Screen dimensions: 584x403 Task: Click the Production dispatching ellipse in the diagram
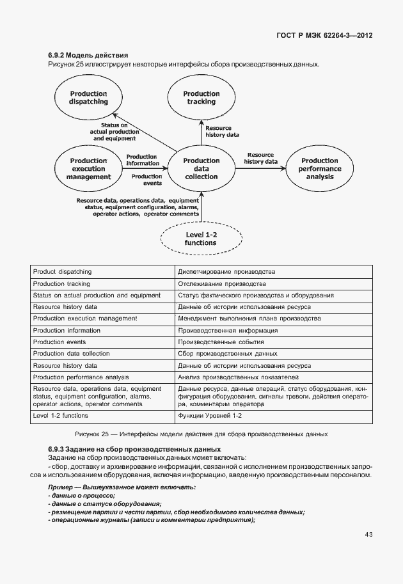tap(88, 98)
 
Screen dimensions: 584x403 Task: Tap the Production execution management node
tap(88, 170)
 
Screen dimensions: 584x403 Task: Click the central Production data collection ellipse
tap(201, 169)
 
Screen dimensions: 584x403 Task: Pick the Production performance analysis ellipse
tap(319, 169)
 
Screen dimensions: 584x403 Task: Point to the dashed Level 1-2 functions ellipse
tap(201, 239)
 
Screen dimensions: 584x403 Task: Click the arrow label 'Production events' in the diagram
tap(146, 180)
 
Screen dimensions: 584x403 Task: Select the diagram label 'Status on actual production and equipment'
tap(114, 131)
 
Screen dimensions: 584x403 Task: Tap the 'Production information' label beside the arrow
tap(142, 159)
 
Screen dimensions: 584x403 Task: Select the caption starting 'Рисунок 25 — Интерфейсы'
tap(201, 434)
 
